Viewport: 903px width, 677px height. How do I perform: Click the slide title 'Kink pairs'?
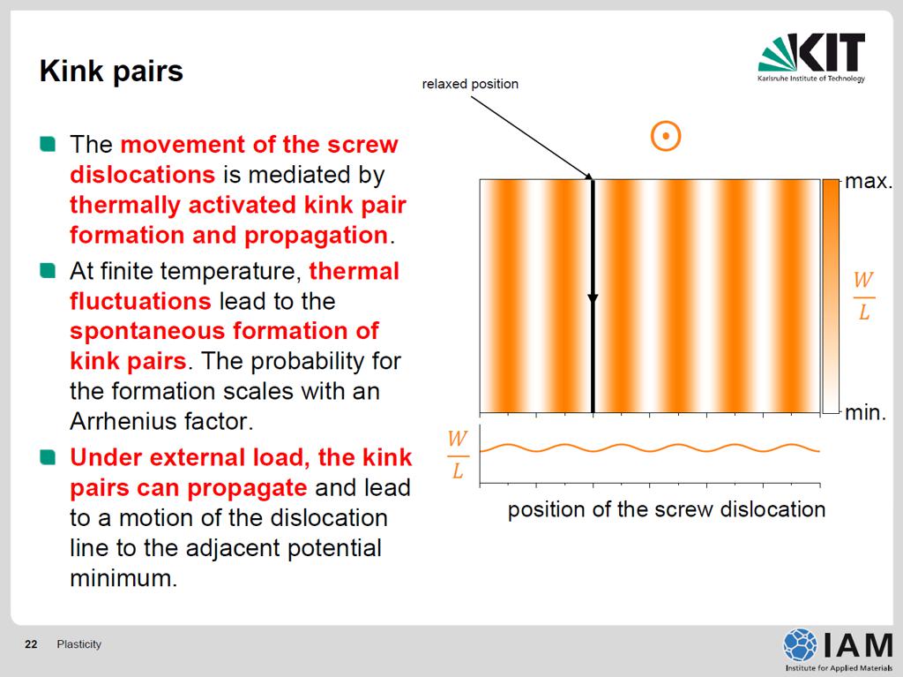(x=111, y=72)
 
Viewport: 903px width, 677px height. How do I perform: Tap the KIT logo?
(x=811, y=57)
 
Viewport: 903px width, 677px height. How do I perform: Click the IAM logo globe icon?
(x=800, y=644)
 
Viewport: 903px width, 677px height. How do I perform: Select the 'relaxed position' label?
(x=470, y=84)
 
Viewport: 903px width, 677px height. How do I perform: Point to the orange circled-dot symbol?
(x=666, y=137)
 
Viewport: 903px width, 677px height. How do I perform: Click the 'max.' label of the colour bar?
(x=869, y=181)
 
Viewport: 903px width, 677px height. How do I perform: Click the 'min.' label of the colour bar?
(x=865, y=412)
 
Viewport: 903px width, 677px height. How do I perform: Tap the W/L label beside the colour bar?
(x=863, y=297)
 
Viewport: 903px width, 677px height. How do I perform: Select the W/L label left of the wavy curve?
(x=458, y=455)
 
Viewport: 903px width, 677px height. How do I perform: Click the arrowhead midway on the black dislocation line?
(x=593, y=298)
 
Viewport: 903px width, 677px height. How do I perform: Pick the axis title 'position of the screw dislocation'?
(x=667, y=510)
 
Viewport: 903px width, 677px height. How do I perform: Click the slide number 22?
(x=31, y=644)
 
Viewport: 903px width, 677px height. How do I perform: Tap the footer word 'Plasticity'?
(x=78, y=644)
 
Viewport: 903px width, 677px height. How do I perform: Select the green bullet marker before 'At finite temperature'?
(x=48, y=270)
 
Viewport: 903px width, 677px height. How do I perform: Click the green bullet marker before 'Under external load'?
(x=48, y=457)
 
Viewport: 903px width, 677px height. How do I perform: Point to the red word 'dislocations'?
(x=142, y=175)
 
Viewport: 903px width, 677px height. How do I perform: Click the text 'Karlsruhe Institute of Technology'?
(x=811, y=79)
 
